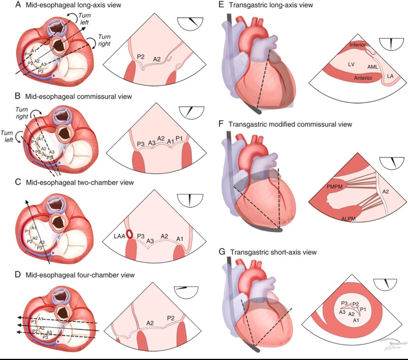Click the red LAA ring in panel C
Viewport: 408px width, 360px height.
click(130, 234)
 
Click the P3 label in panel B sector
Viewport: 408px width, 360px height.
click(141, 144)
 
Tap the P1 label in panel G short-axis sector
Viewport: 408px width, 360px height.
click(363, 309)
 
